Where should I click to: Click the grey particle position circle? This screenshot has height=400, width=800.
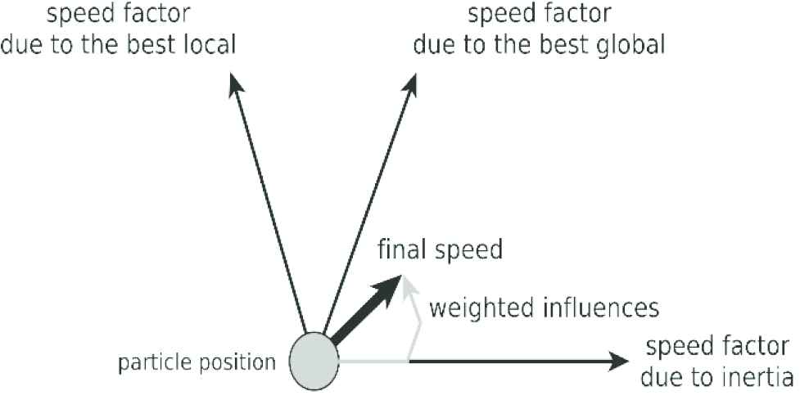pyautogui.click(x=314, y=359)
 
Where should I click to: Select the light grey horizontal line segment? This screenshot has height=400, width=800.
pyautogui.click(x=373, y=361)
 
